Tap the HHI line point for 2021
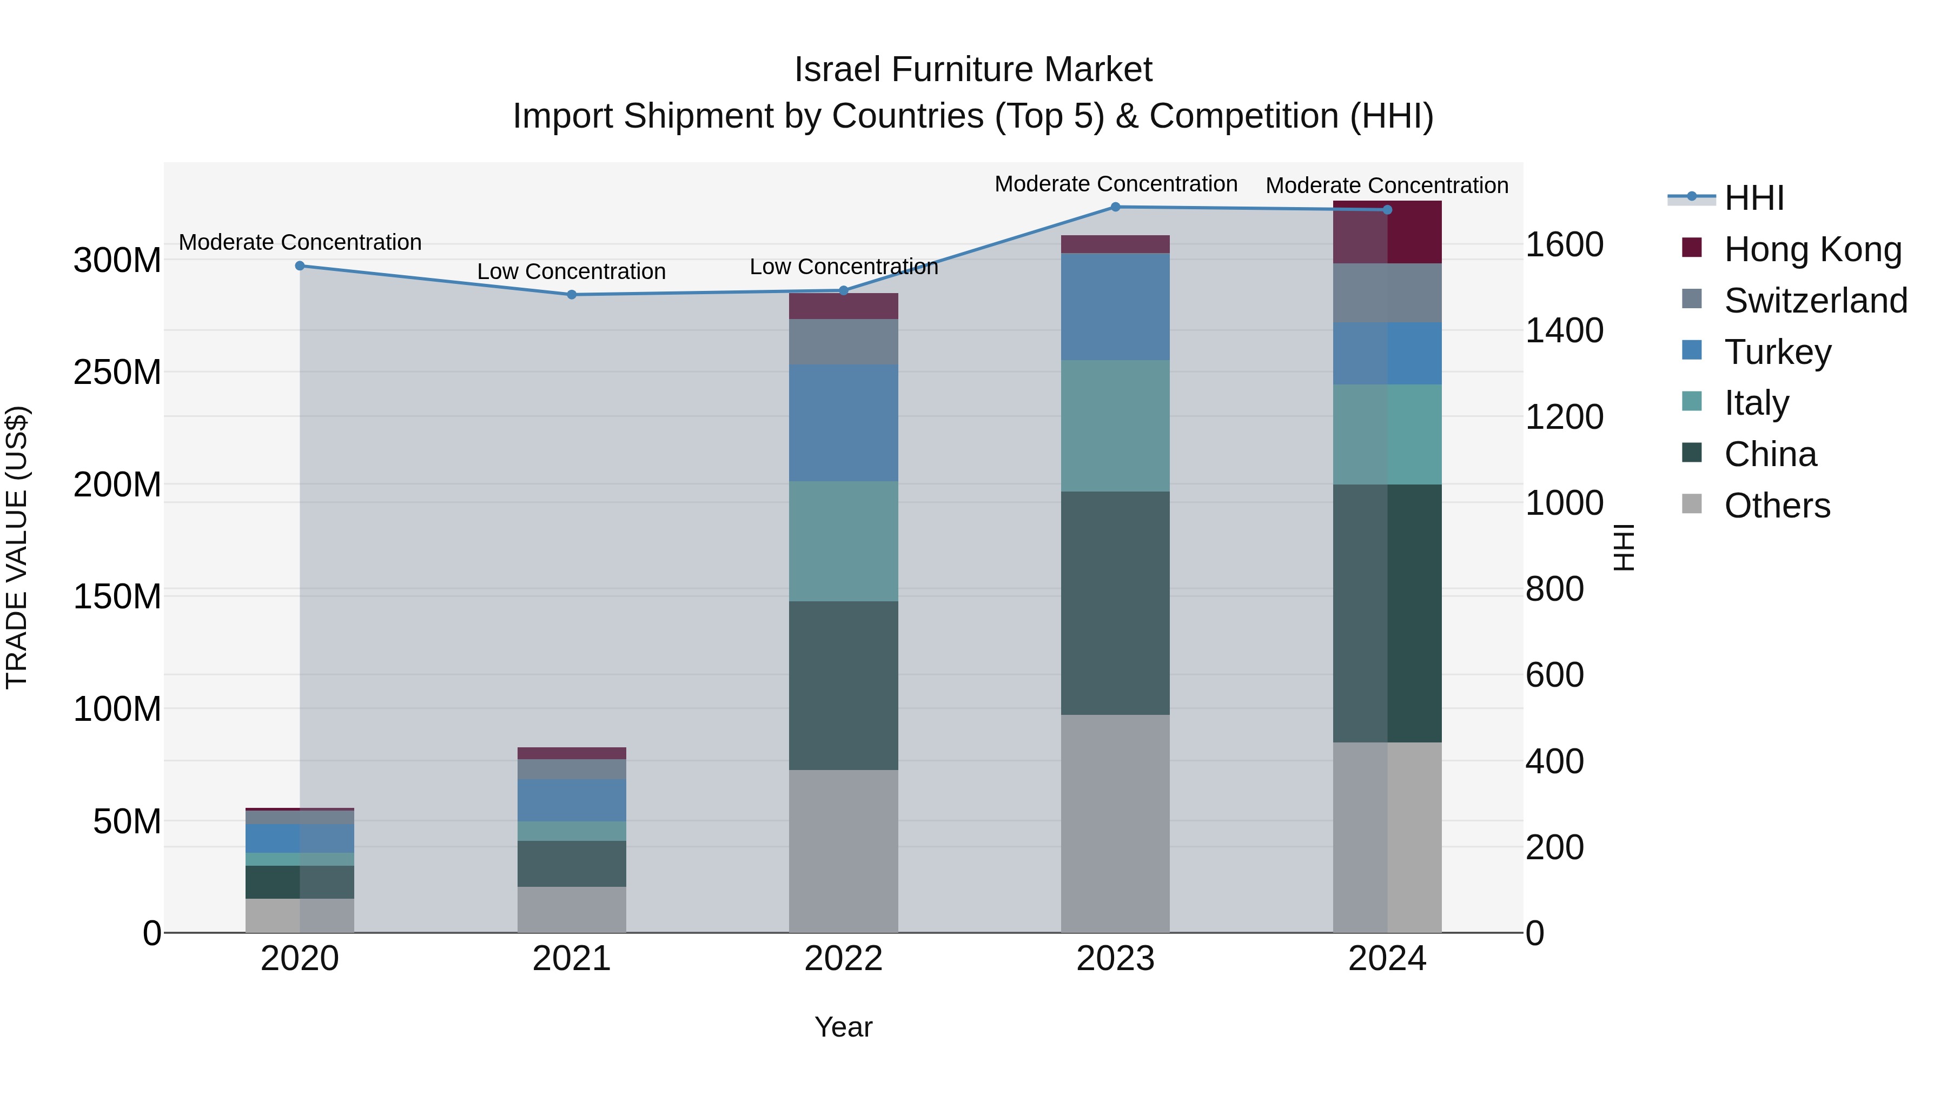point(572,295)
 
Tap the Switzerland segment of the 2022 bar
point(844,342)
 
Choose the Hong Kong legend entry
point(1812,249)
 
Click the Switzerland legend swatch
point(1692,299)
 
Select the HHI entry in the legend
point(1753,198)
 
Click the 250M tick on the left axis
point(117,373)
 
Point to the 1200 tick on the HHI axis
point(1564,417)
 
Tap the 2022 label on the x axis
point(844,959)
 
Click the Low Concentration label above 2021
point(572,271)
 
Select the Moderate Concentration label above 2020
point(300,243)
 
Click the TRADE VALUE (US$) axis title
point(17,547)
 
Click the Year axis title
point(844,1027)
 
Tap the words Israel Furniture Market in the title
point(973,70)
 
